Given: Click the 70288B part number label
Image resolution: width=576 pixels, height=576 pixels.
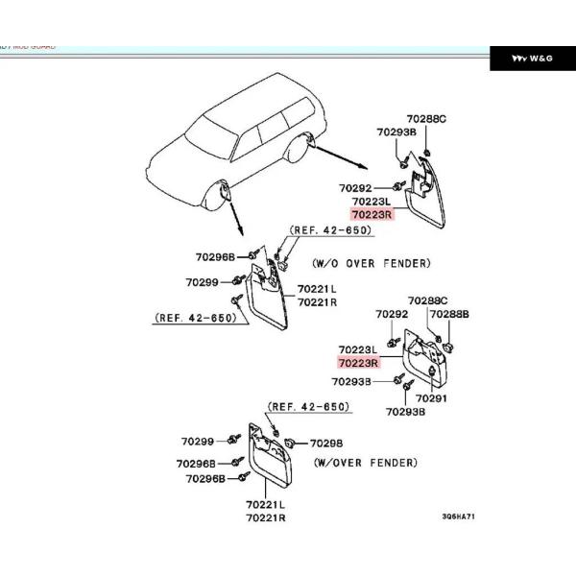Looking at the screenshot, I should click(449, 314).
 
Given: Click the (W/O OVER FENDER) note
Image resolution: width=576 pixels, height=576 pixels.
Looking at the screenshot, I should click(371, 262).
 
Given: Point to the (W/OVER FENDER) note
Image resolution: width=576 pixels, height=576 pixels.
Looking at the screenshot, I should click(366, 463).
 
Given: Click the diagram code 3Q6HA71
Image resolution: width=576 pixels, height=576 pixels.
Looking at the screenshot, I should click(458, 516).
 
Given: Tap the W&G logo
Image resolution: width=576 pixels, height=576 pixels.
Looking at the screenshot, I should click(532, 59).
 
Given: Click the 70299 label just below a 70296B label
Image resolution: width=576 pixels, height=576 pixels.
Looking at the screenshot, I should click(203, 282).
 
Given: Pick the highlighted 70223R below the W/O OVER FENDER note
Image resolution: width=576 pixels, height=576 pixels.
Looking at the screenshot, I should click(358, 364).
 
